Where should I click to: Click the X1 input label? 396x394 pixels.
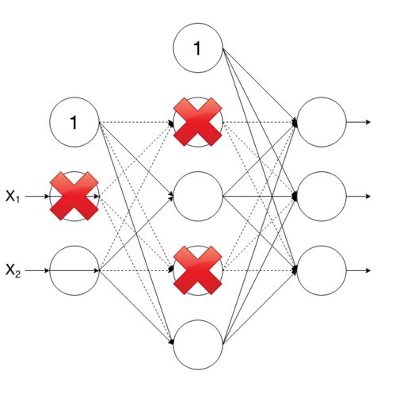13,197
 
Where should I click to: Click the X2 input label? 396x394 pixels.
13,271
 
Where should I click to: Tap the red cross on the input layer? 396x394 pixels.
74,196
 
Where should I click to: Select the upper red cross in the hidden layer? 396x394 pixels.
198,122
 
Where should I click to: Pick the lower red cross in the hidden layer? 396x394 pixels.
198,270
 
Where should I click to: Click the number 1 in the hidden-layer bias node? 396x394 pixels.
197,48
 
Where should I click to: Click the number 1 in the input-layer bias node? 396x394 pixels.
74,122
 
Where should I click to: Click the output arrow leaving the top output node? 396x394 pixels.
359,122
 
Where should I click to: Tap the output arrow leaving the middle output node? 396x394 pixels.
359,197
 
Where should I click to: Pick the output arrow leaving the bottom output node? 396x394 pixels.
359,270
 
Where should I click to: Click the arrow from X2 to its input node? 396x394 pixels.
37,270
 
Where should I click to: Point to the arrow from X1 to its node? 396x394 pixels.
37,197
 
